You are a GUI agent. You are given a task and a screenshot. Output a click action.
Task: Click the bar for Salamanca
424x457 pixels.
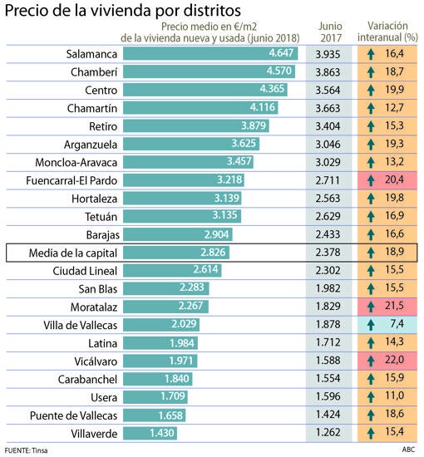(210, 54)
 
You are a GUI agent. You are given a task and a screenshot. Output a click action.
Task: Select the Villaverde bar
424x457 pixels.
(150, 433)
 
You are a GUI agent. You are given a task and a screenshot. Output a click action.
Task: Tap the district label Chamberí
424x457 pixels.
(94, 72)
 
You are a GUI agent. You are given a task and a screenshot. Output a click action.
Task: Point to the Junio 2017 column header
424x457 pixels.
(330, 32)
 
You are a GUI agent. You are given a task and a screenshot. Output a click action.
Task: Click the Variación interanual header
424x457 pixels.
(387, 32)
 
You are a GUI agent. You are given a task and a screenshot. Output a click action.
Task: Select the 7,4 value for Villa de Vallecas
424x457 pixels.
(397, 324)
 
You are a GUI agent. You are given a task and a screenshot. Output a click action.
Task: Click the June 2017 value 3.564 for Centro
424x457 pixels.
(328, 90)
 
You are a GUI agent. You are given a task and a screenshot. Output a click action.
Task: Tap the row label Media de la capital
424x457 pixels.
(73, 253)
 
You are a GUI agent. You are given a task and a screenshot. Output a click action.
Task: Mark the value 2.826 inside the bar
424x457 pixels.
(213, 253)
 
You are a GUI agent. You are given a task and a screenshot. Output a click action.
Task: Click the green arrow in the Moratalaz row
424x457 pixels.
(371, 307)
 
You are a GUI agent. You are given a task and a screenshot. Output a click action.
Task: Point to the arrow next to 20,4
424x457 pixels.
(371, 180)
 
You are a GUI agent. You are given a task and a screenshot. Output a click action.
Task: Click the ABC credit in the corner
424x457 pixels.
(408, 450)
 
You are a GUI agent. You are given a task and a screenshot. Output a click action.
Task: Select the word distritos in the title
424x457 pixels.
(212, 10)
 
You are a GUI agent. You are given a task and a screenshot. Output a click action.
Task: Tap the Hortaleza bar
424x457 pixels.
(182, 199)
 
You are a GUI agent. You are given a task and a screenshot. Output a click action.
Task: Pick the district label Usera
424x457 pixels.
(104, 397)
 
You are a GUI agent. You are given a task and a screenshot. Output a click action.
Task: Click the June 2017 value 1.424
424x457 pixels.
(328, 414)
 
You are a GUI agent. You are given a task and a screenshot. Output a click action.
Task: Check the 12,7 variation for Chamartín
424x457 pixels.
(394, 107)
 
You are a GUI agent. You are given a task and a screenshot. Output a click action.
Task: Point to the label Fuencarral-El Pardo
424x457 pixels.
(71, 180)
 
